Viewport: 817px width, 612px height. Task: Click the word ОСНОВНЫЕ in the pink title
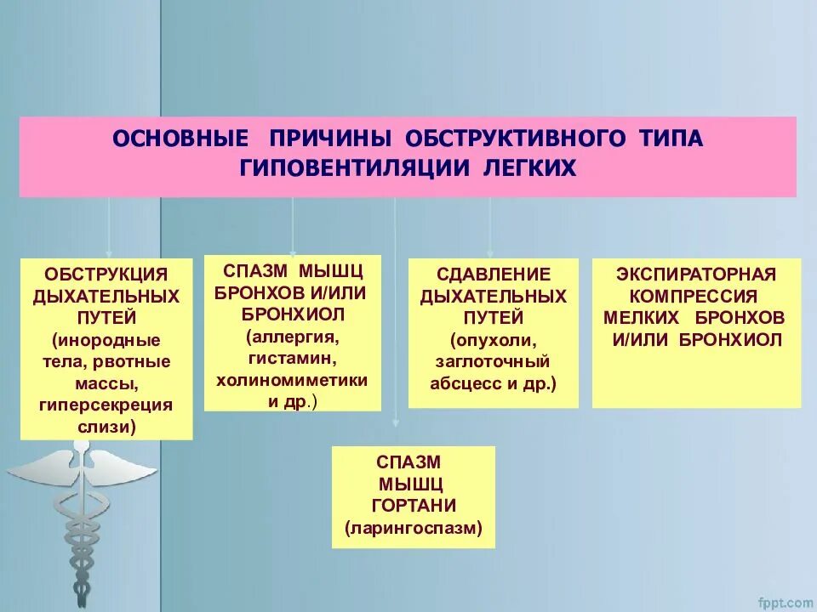pos(180,138)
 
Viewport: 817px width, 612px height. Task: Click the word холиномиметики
pos(292,380)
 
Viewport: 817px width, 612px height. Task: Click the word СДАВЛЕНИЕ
pos(494,275)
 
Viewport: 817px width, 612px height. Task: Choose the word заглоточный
pos(494,361)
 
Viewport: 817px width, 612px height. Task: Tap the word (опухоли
pos(494,340)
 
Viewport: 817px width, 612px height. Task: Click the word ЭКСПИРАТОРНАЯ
pos(696,275)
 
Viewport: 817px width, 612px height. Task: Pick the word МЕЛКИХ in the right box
pos(643,318)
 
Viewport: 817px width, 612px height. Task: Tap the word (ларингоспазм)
pos(414,529)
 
